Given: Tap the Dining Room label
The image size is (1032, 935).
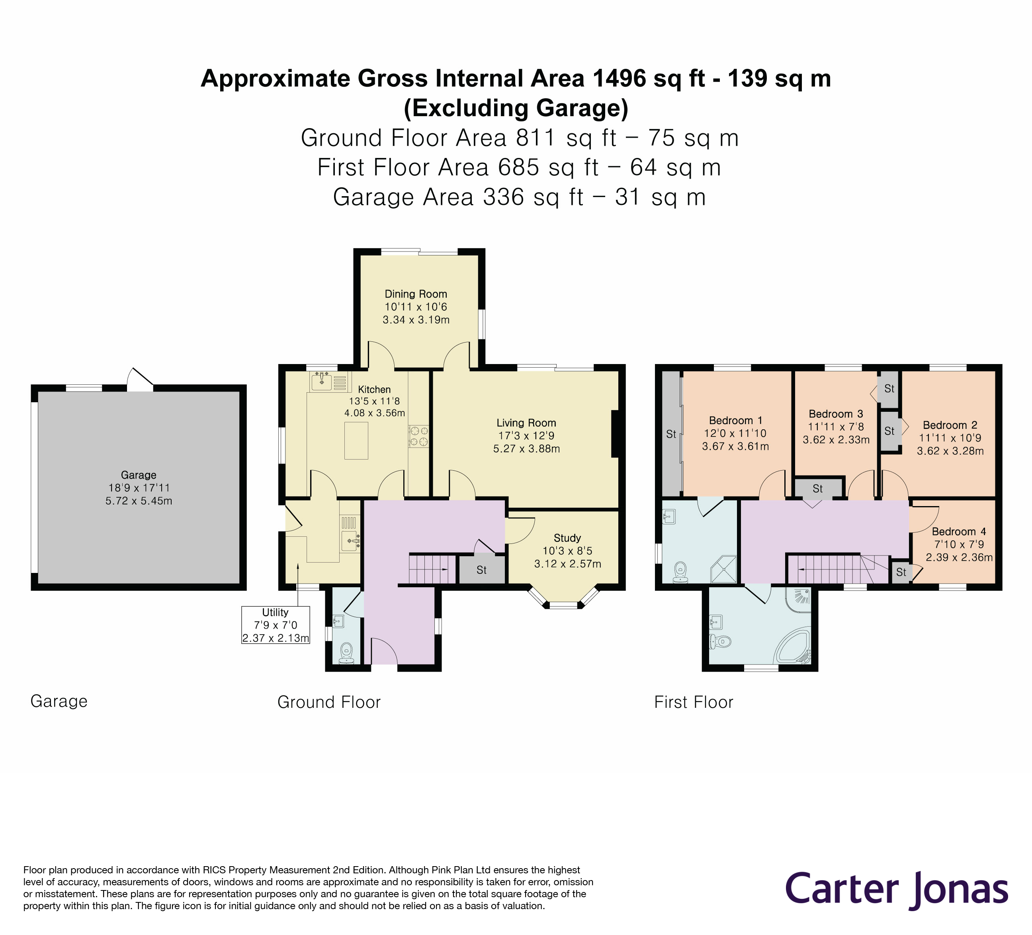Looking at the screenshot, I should (416, 294).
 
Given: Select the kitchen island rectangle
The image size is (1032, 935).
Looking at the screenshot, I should (356, 440).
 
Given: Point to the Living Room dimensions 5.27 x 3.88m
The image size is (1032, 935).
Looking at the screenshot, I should (526, 448).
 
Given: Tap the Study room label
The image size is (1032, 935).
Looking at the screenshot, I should (567, 538).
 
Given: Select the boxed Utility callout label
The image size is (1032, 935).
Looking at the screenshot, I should (276, 625).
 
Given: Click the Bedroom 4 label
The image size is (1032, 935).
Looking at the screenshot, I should (959, 532).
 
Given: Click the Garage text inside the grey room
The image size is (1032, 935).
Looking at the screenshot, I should (139, 475).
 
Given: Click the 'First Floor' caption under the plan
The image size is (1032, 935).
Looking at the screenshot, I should (694, 702).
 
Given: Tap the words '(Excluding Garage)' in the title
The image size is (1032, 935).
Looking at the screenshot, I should (516, 108).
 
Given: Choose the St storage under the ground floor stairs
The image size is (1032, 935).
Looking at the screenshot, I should (482, 570).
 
